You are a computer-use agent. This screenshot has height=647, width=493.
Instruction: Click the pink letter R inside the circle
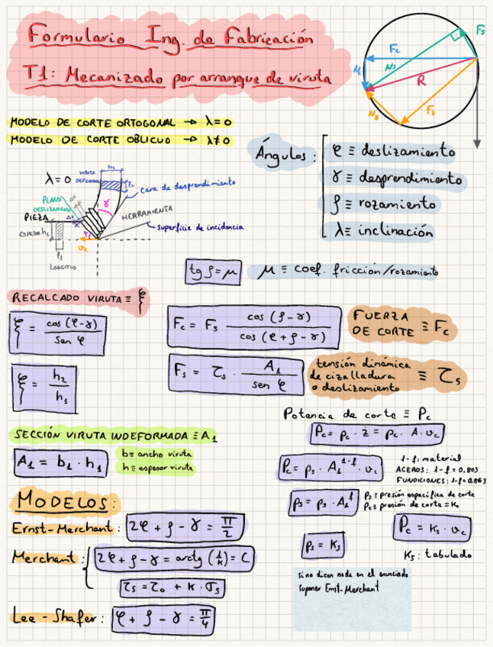[420, 82]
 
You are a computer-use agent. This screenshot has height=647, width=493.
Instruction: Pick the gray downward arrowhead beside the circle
[477, 143]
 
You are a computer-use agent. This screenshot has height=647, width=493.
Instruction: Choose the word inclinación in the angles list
[395, 231]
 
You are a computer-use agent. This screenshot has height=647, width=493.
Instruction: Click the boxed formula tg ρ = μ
[213, 271]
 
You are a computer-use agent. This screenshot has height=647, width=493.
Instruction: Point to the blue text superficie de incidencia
[199, 227]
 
